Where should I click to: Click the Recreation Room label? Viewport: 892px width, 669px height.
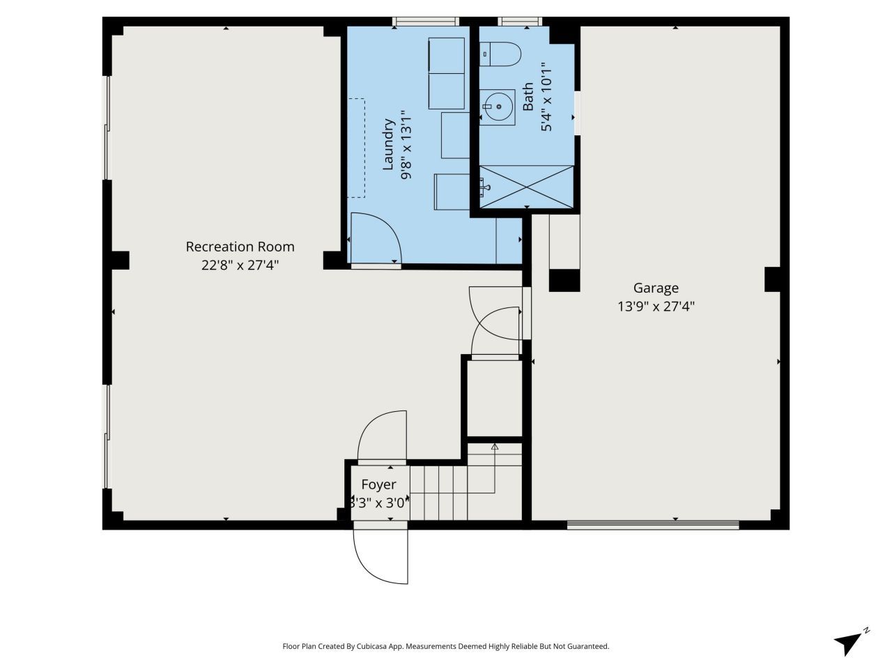pyautogui.click(x=240, y=247)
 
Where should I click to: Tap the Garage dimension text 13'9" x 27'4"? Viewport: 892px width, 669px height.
pyautogui.click(x=656, y=306)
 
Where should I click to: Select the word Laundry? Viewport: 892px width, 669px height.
pyautogui.click(x=389, y=144)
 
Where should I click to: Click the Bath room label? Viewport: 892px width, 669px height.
pyautogui.click(x=528, y=96)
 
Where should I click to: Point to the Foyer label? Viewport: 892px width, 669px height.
pyautogui.click(x=378, y=484)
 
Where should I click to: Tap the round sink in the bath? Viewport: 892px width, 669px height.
pyautogui.click(x=499, y=107)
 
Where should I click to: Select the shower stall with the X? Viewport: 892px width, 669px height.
pyautogui.click(x=527, y=187)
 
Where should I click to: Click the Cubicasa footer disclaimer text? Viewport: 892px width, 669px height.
pyautogui.click(x=446, y=646)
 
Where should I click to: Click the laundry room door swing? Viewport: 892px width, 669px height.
pyautogui.click(x=375, y=238)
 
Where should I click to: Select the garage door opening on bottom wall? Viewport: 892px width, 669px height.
pyautogui.click(x=652, y=524)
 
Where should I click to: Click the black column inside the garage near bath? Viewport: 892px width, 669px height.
pyautogui.click(x=564, y=279)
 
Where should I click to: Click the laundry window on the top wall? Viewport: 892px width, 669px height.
pyautogui.click(x=426, y=22)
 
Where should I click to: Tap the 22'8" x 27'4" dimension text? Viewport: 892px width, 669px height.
pyautogui.click(x=240, y=265)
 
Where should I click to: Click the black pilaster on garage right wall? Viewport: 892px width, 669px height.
pyautogui.click(x=772, y=279)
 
